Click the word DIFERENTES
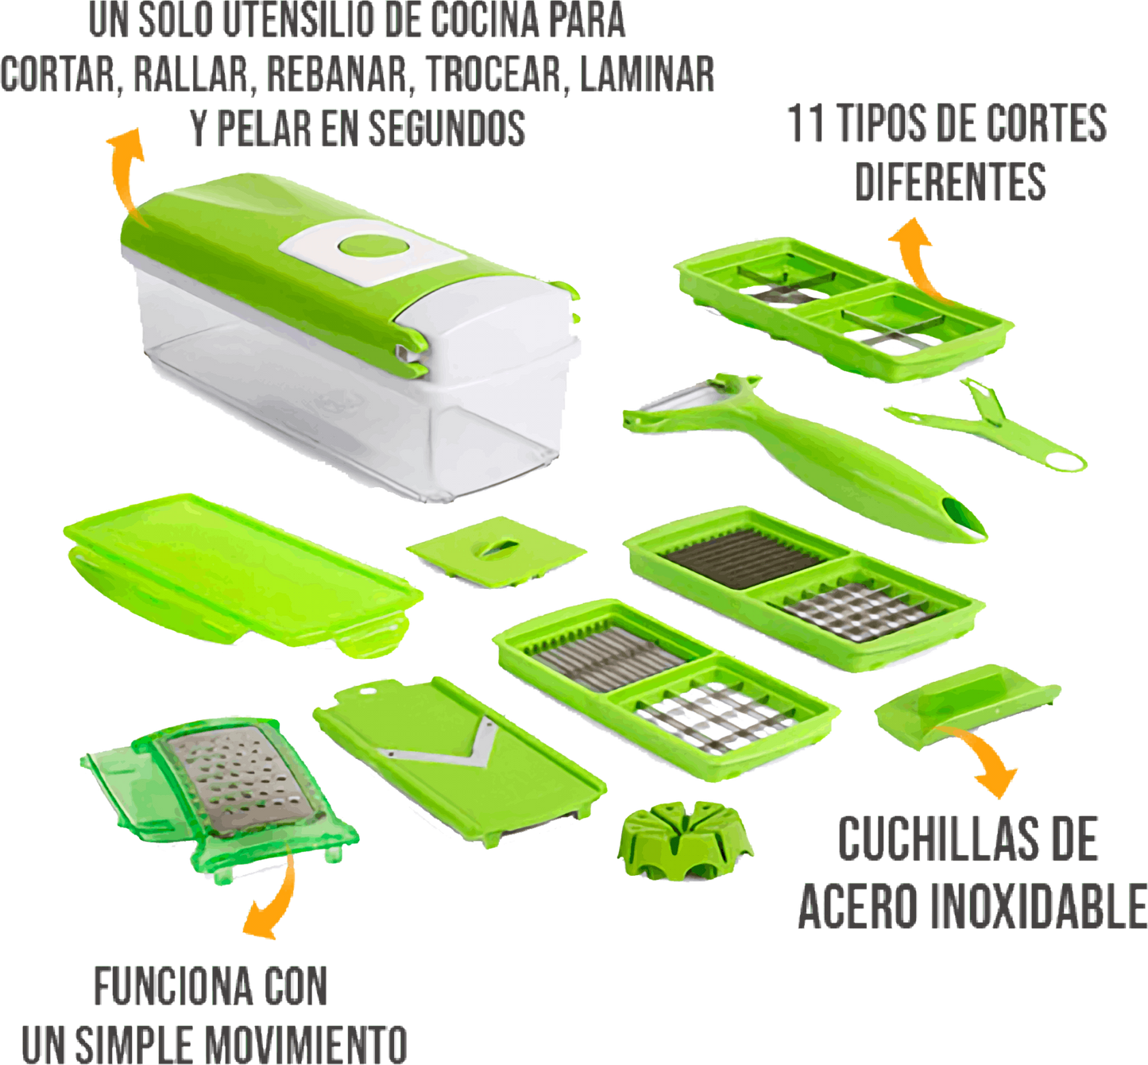click(x=950, y=182)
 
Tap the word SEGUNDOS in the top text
click(x=446, y=127)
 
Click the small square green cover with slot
click(x=496, y=550)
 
